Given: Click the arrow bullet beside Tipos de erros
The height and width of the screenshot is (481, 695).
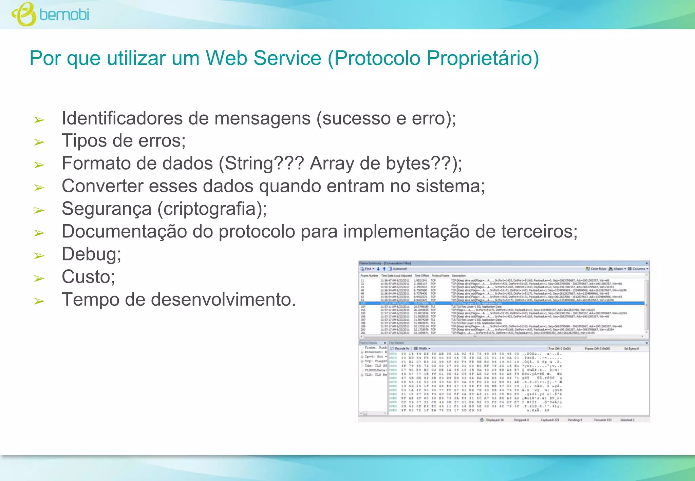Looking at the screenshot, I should pos(39,142).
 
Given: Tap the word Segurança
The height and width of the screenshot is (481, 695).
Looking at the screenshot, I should pos(107,209).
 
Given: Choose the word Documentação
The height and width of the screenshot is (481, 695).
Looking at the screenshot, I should pos(124,232).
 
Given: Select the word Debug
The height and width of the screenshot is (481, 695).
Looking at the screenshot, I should pos(91,254).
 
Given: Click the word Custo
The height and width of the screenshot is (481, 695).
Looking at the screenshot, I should pos(88,277).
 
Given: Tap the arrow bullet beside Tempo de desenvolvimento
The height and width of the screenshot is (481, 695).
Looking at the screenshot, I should pos(39,301).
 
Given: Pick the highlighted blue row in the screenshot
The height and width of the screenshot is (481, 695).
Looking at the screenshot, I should pos(502,303).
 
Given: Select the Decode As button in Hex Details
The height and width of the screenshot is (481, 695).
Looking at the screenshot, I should pos(400,348).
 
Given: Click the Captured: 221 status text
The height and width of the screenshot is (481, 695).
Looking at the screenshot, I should pos(550,420).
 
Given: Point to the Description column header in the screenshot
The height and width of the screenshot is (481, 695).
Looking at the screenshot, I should pos(459,275).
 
